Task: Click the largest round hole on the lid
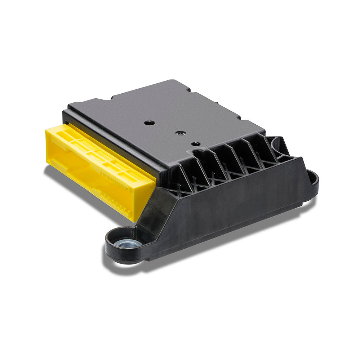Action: (149, 123)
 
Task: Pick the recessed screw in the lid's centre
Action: (179, 133)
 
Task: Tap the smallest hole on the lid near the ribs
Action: (196, 144)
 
